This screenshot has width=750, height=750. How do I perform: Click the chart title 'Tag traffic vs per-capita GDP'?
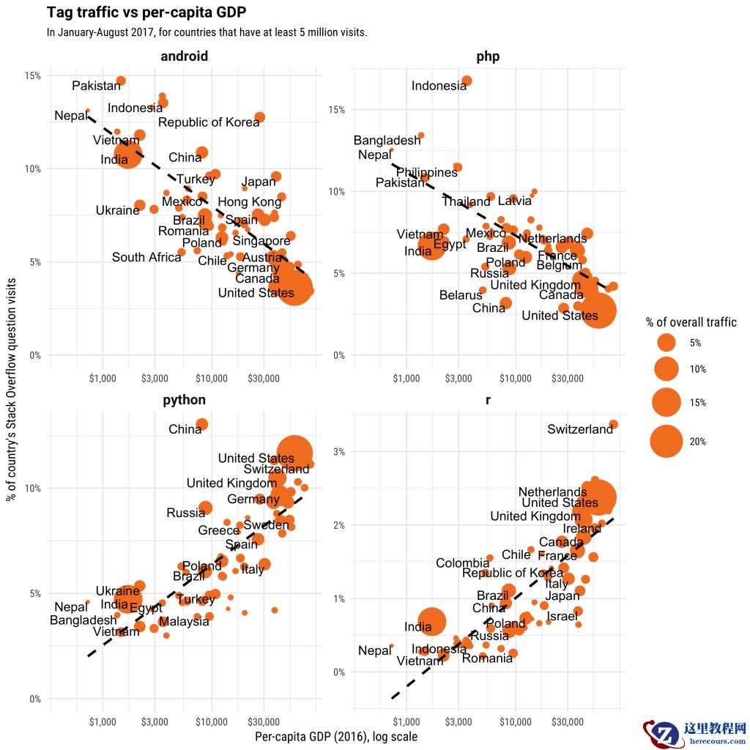146,12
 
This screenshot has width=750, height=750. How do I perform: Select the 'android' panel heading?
184,56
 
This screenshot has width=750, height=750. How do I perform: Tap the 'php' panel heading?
488,56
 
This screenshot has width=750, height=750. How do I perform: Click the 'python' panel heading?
184,400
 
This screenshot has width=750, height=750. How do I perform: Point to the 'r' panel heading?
488,400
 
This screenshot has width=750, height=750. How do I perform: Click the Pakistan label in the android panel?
96,86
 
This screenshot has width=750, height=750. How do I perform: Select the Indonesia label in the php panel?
439,86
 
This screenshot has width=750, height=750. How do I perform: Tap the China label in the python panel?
185,429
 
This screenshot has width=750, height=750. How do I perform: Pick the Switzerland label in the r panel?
580,430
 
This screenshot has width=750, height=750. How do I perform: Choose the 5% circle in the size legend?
667,342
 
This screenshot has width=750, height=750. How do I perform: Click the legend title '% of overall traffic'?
691,322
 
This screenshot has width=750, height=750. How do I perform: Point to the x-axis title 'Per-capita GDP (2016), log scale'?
336,737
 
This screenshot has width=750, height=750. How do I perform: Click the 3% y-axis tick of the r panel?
338,451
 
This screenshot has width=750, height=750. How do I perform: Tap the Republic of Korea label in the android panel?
209,122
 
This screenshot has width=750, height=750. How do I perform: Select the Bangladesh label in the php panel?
387,141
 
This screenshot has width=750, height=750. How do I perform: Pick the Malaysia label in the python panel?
184,622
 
